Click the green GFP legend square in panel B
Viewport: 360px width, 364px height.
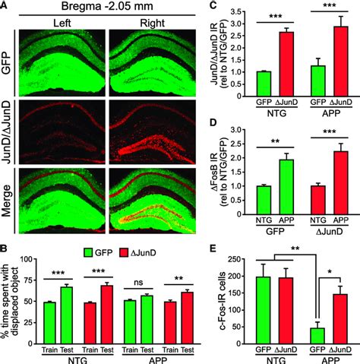[x=93, y=248]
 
